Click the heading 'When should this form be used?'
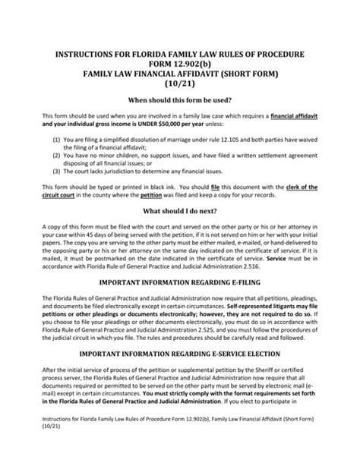point(179,99)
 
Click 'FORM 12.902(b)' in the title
point(180,65)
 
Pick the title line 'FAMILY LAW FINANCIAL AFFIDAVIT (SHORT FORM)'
point(180,74)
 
